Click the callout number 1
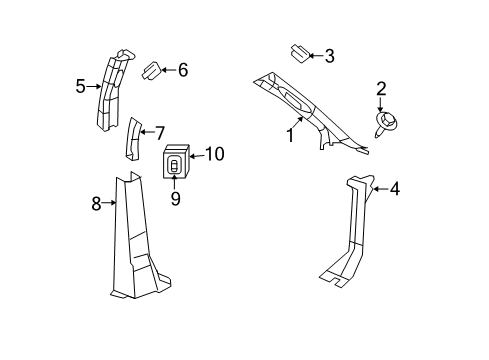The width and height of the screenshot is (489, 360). [290, 135]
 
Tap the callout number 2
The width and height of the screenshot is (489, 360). [381, 89]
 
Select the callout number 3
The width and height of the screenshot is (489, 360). [329, 56]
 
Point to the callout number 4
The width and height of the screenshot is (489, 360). [395, 189]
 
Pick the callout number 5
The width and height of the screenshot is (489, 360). [80, 87]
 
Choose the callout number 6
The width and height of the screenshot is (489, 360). [183, 70]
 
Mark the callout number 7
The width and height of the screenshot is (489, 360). [160, 133]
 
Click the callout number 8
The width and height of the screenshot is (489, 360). [96, 203]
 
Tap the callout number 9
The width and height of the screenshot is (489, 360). [175, 199]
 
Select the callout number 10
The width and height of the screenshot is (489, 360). [215, 154]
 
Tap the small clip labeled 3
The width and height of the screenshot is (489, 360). [300, 54]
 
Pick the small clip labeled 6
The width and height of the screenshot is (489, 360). [152, 70]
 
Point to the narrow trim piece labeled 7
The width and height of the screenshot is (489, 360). [134, 139]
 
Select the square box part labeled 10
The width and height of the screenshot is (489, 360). [176, 162]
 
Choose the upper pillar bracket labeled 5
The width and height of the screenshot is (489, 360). [112, 90]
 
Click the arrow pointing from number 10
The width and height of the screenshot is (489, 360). [197, 156]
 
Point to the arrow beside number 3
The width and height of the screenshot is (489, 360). [316, 56]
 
